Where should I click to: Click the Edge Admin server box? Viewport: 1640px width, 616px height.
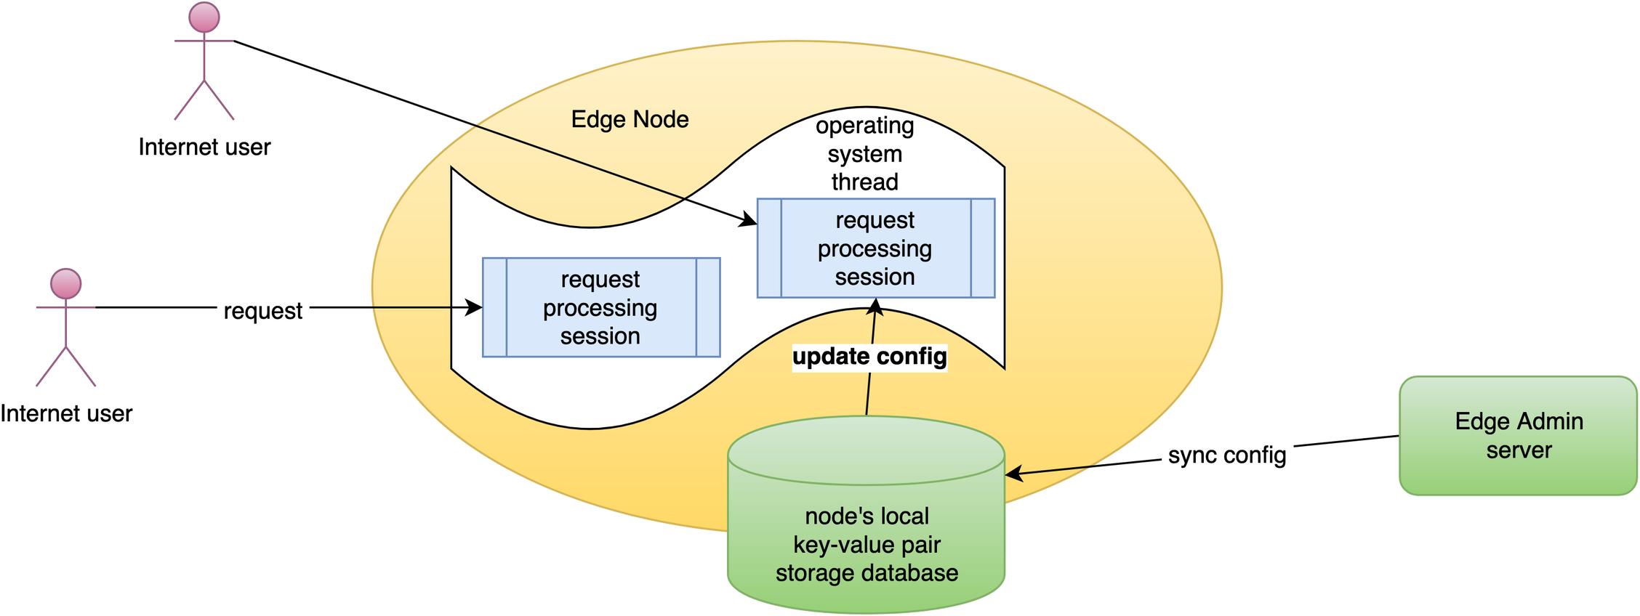(x=1518, y=436)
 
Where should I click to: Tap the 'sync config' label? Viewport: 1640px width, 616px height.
(x=1227, y=455)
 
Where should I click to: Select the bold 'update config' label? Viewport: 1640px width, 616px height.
(x=869, y=357)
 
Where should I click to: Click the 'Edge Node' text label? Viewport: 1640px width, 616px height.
(x=630, y=119)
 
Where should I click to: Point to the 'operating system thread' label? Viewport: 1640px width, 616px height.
(x=865, y=153)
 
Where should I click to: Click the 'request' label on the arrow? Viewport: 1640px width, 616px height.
(x=262, y=311)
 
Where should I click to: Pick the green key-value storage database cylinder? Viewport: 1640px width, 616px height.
(x=867, y=514)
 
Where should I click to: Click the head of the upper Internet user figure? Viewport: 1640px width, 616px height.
(x=204, y=17)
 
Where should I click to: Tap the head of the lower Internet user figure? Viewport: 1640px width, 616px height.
(x=65, y=283)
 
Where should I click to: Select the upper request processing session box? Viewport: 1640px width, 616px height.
(x=876, y=248)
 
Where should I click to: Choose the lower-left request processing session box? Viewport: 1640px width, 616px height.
(x=601, y=307)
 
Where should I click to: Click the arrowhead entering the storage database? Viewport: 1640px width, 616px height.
(x=1015, y=474)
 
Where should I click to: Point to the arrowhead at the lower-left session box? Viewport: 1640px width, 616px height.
(x=474, y=307)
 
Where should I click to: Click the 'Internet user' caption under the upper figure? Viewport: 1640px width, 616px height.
(x=204, y=147)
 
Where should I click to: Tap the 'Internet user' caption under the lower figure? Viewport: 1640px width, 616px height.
(x=66, y=413)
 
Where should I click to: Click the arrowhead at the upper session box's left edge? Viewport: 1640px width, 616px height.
(x=748, y=219)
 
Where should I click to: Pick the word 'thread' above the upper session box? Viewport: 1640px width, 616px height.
(x=865, y=182)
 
